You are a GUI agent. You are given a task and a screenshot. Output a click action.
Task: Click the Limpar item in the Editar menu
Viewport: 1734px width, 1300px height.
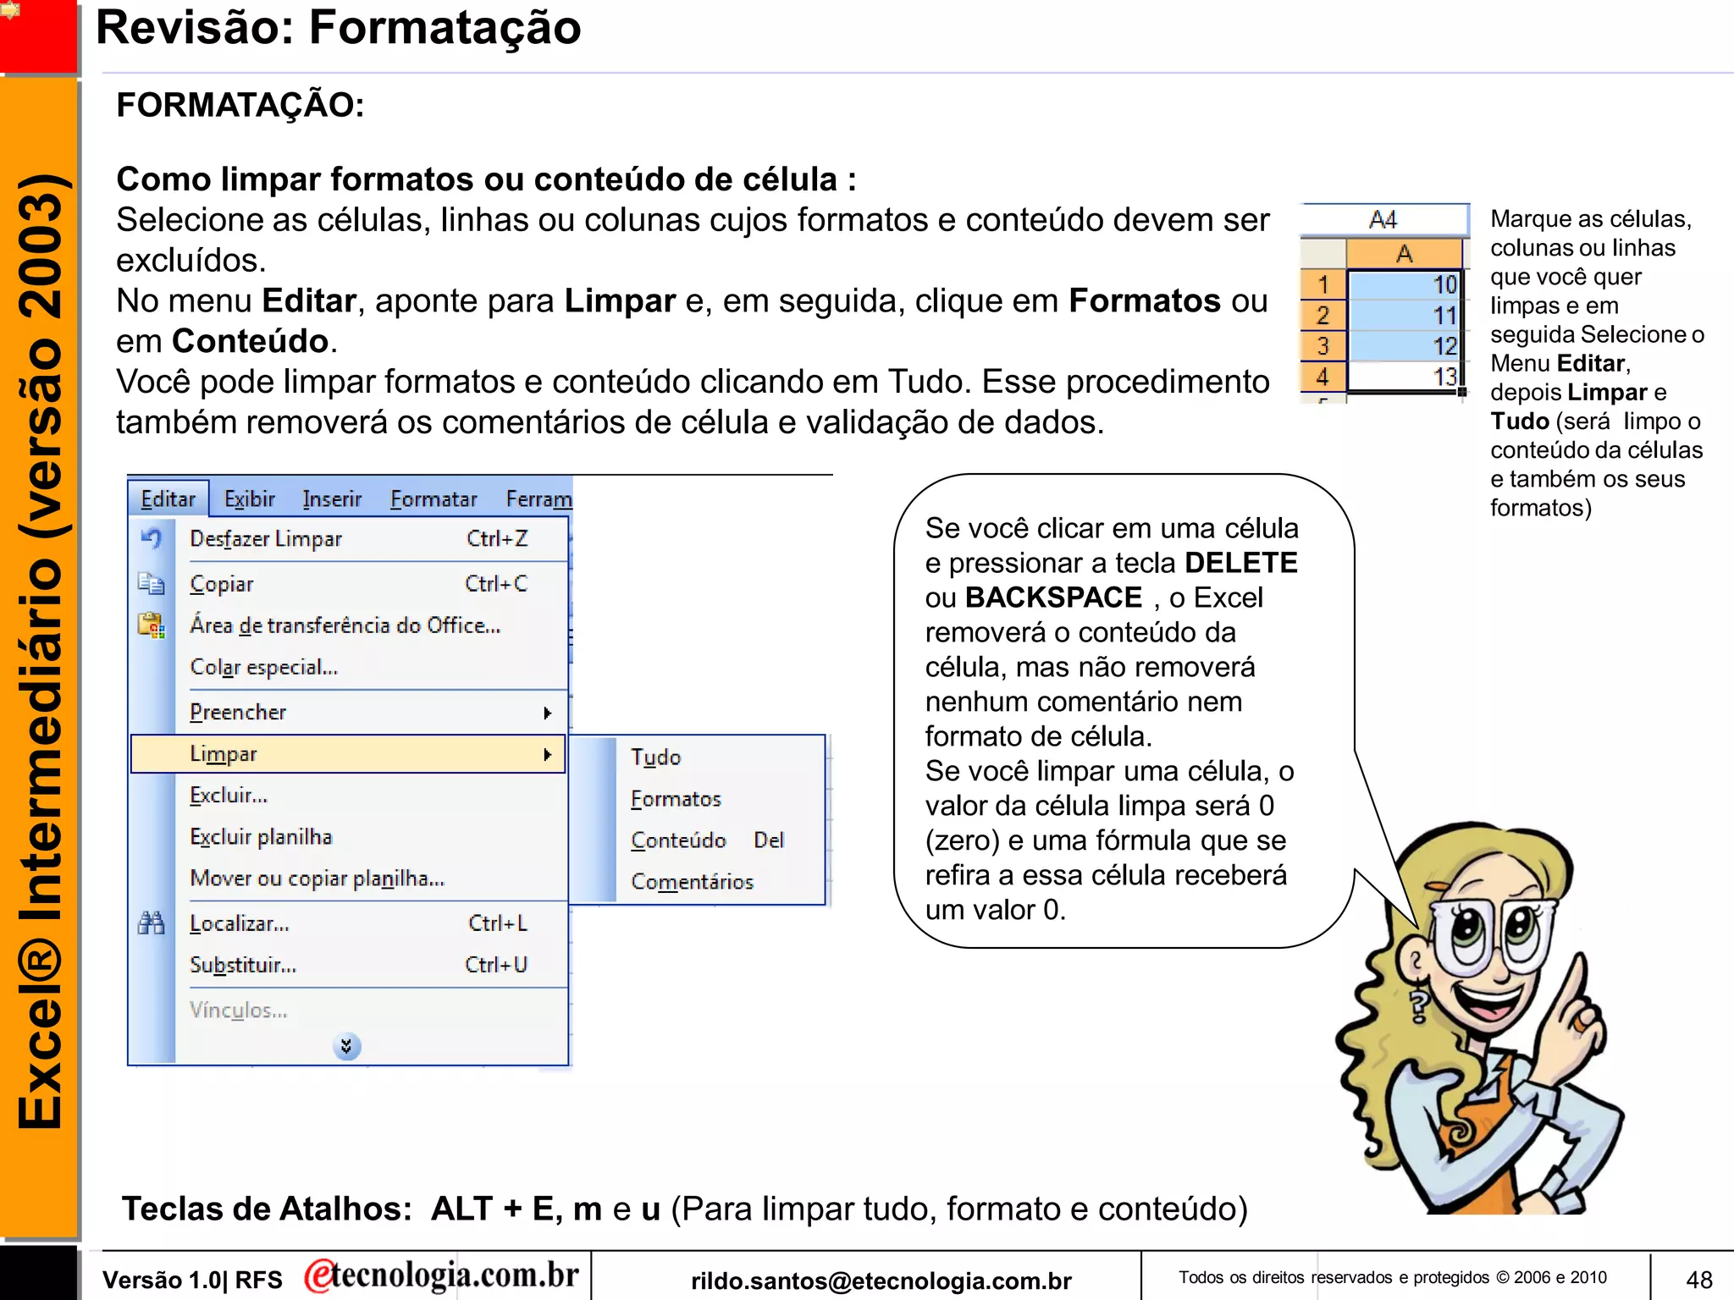click(x=224, y=754)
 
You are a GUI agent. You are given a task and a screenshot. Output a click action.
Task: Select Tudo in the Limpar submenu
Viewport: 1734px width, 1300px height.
click(x=655, y=757)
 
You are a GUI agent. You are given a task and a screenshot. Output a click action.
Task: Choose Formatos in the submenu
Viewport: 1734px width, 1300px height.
click(x=676, y=798)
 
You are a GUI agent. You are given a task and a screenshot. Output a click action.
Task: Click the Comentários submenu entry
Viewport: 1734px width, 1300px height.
click(x=692, y=882)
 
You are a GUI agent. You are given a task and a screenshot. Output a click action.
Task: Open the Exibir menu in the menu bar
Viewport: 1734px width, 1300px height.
click(x=249, y=499)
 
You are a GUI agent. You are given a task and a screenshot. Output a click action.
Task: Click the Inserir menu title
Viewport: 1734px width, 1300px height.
click(x=332, y=499)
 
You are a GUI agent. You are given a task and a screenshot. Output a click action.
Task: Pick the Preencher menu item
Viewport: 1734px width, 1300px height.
click(x=238, y=713)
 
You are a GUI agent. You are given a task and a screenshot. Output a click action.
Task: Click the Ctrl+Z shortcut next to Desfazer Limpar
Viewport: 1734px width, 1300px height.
click(x=497, y=539)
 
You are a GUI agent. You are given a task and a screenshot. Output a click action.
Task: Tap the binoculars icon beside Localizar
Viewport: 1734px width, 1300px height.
click(x=152, y=923)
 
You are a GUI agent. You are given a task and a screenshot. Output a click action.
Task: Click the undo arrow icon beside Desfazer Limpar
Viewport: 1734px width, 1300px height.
click(x=152, y=538)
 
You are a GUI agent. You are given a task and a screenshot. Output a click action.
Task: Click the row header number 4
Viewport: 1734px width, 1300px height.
click(x=1323, y=377)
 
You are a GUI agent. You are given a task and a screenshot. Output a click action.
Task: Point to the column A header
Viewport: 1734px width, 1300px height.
click(x=1404, y=253)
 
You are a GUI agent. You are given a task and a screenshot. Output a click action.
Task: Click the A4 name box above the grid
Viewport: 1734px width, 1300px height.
click(x=1383, y=220)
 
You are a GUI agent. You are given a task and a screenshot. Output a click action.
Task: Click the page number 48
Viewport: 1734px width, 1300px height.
click(x=1698, y=1279)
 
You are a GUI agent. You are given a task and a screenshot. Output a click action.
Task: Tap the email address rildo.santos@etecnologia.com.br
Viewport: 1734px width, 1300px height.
click(x=881, y=1281)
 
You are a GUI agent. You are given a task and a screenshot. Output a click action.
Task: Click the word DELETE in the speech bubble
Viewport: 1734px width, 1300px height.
click(x=1240, y=563)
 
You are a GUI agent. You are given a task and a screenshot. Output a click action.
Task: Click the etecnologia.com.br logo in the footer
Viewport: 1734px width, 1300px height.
click(x=442, y=1275)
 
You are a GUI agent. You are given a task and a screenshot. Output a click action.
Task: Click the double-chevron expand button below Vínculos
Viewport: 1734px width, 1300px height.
click(x=346, y=1047)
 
